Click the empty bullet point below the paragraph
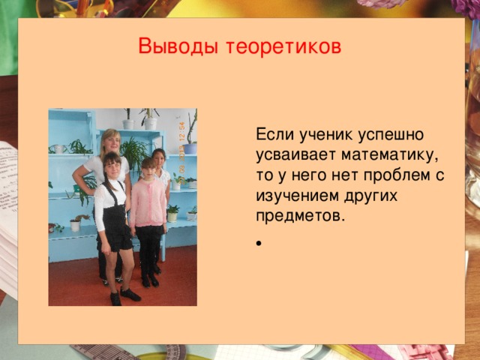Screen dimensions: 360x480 (258, 244)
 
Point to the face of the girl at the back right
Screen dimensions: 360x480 (158, 158)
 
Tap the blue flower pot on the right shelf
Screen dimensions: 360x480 (190, 148)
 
